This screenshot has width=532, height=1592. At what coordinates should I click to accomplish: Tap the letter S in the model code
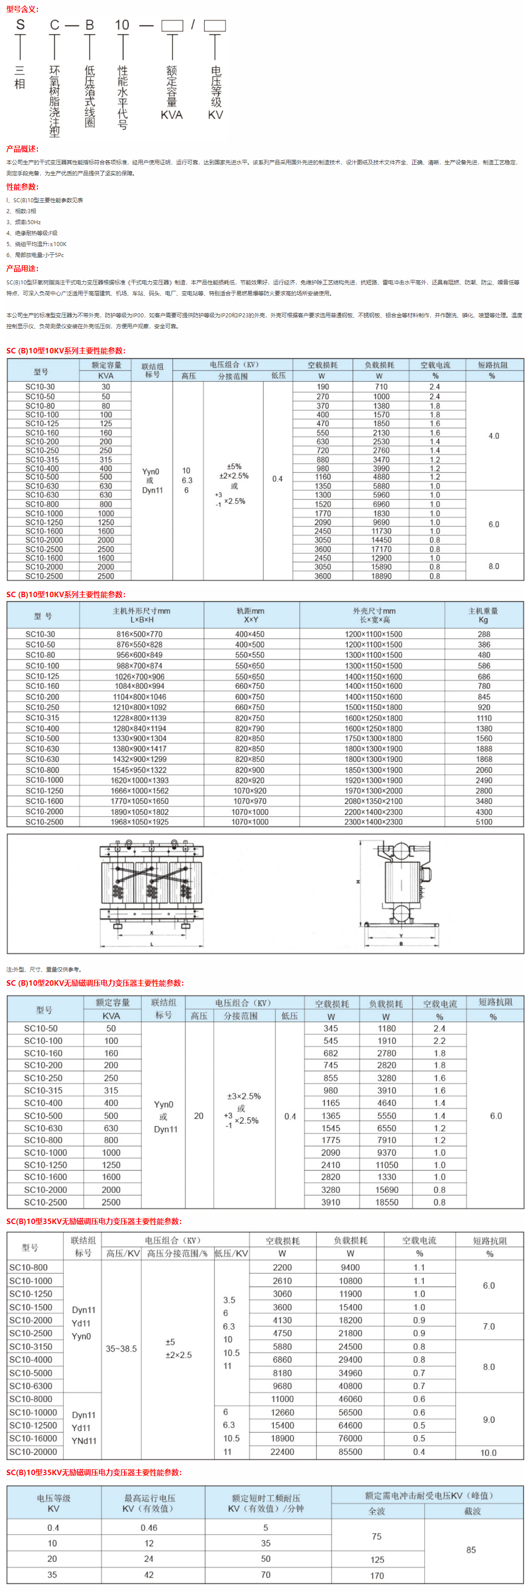pyautogui.click(x=21, y=25)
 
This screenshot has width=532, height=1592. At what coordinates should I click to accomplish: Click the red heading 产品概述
pyautogui.click(x=22, y=149)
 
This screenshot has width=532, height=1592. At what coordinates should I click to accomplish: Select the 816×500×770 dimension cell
pyautogui.click(x=140, y=634)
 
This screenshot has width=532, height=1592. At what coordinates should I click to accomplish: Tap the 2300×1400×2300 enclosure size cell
pyautogui.click(x=373, y=822)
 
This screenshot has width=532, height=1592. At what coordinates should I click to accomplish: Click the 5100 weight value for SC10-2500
pyautogui.click(x=484, y=822)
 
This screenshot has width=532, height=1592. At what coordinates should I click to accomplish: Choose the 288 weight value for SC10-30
pyautogui.click(x=484, y=634)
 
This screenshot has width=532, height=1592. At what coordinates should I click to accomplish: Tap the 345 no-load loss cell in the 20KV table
pyautogui.click(x=331, y=1028)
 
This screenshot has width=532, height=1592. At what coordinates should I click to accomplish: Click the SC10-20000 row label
pyautogui.click(x=33, y=1452)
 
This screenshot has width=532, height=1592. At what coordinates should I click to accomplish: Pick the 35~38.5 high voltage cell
pyautogui.click(x=121, y=1349)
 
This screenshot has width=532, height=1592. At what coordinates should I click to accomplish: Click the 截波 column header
pyautogui.click(x=473, y=1511)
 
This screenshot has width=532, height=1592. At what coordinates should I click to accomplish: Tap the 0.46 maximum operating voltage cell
pyautogui.click(x=149, y=1528)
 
